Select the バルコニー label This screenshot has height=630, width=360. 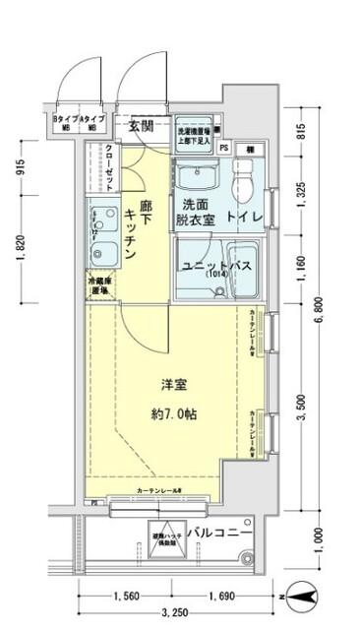coord(221,533)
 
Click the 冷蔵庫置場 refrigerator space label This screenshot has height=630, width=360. coord(96,286)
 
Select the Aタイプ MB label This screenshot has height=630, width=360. coord(94,121)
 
